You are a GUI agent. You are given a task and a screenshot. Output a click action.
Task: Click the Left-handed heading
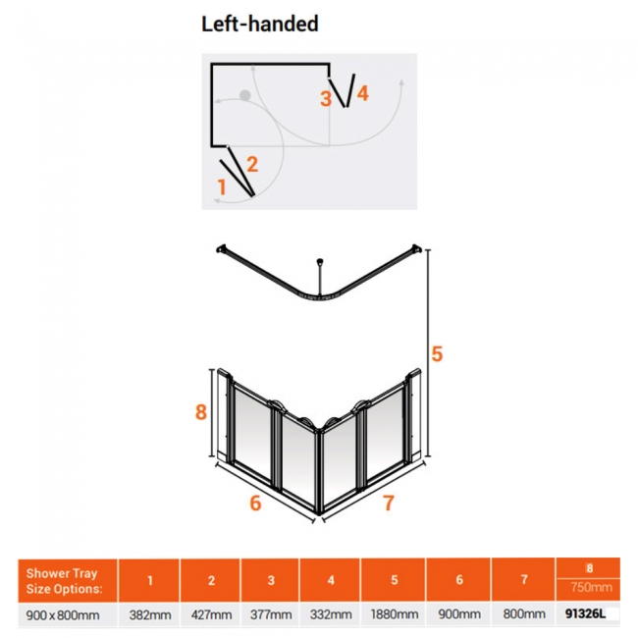click(x=259, y=24)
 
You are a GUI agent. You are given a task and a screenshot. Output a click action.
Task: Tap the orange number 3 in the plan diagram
click(x=326, y=98)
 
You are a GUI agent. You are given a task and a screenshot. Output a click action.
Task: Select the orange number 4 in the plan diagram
click(x=362, y=93)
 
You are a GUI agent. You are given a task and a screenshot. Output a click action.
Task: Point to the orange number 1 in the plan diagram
click(x=222, y=187)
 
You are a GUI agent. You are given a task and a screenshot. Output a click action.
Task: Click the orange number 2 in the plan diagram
click(x=252, y=164)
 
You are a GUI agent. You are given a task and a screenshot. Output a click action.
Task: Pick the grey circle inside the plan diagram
click(x=245, y=95)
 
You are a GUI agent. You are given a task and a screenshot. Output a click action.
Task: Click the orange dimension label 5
click(x=437, y=353)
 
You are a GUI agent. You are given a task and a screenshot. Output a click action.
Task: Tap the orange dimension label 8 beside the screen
click(x=201, y=412)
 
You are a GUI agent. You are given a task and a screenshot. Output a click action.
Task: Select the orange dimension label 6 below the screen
click(x=255, y=503)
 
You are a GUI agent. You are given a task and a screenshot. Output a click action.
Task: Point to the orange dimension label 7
click(x=389, y=503)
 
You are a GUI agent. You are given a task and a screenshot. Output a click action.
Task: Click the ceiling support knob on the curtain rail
click(x=320, y=261)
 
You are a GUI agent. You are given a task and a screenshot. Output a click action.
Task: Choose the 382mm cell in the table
click(x=150, y=614)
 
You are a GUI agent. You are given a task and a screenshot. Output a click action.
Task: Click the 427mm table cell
click(x=211, y=614)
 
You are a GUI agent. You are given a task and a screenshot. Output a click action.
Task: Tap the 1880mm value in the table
click(x=394, y=614)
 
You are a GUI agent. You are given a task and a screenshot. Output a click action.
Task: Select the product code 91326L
click(x=586, y=614)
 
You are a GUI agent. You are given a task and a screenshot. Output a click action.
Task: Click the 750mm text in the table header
click(x=591, y=587)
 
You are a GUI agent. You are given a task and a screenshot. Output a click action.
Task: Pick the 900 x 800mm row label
click(x=63, y=614)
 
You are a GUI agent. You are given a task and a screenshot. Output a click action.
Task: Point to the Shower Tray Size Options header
click(x=64, y=581)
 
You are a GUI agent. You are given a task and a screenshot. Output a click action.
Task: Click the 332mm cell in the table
click(x=331, y=614)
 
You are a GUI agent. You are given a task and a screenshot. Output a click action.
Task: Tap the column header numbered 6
click(x=459, y=580)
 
